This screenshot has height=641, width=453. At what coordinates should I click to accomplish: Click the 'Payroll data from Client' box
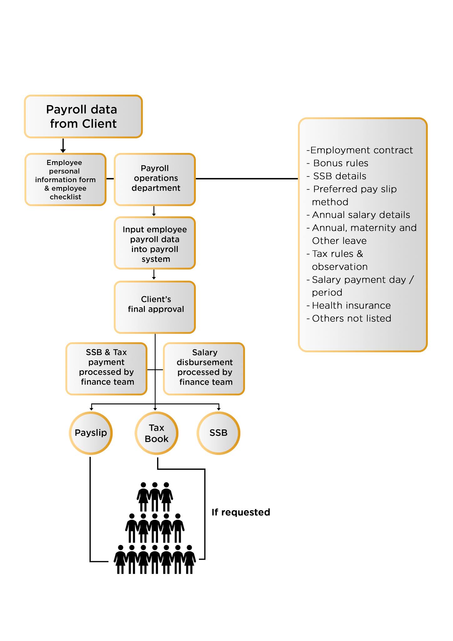tap(83, 116)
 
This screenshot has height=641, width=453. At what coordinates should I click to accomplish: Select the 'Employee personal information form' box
tap(65, 179)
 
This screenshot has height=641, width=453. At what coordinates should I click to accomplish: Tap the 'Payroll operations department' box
tap(155, 179)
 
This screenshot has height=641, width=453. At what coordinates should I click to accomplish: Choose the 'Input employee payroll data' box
tap(155, 243)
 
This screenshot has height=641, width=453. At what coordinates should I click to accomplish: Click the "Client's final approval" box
tap(155, 307)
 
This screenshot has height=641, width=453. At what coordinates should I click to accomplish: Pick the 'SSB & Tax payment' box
tap(106, 368)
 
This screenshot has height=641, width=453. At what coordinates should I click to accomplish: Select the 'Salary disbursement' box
tap(204, 368)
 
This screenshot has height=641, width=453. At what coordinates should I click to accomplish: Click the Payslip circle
tap(91, 433)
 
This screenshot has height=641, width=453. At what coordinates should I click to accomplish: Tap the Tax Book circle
tap(156, 433)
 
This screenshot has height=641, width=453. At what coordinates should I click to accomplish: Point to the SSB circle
tap(218, 433)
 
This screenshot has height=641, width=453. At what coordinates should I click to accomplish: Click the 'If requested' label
tap(241, 512)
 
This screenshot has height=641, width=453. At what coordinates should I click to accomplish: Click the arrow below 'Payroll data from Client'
tap(63, 146)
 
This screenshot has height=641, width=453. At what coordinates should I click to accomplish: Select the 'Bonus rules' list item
tap(340, 163)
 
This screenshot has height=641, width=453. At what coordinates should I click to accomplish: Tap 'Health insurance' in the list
tap(351, 305)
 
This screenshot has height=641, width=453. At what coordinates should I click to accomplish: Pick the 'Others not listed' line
tap(351, 318)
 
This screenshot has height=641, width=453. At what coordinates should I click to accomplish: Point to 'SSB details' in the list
tap(339, 176)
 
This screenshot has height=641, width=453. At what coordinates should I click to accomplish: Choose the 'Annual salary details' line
tap(361, 215)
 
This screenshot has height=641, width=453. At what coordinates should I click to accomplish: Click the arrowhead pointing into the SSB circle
tap(219, 408)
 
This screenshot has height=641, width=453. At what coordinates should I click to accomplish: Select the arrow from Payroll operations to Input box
tap(154, 211)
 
